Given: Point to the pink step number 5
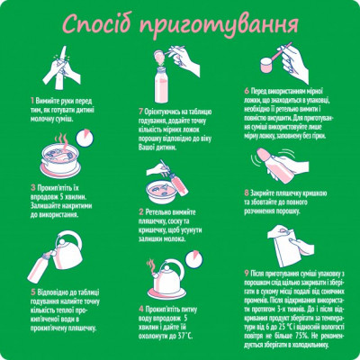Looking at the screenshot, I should pyautogui.click(x=33, y=292).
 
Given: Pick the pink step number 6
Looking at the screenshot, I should pyautogui.click(x=247, y=90).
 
